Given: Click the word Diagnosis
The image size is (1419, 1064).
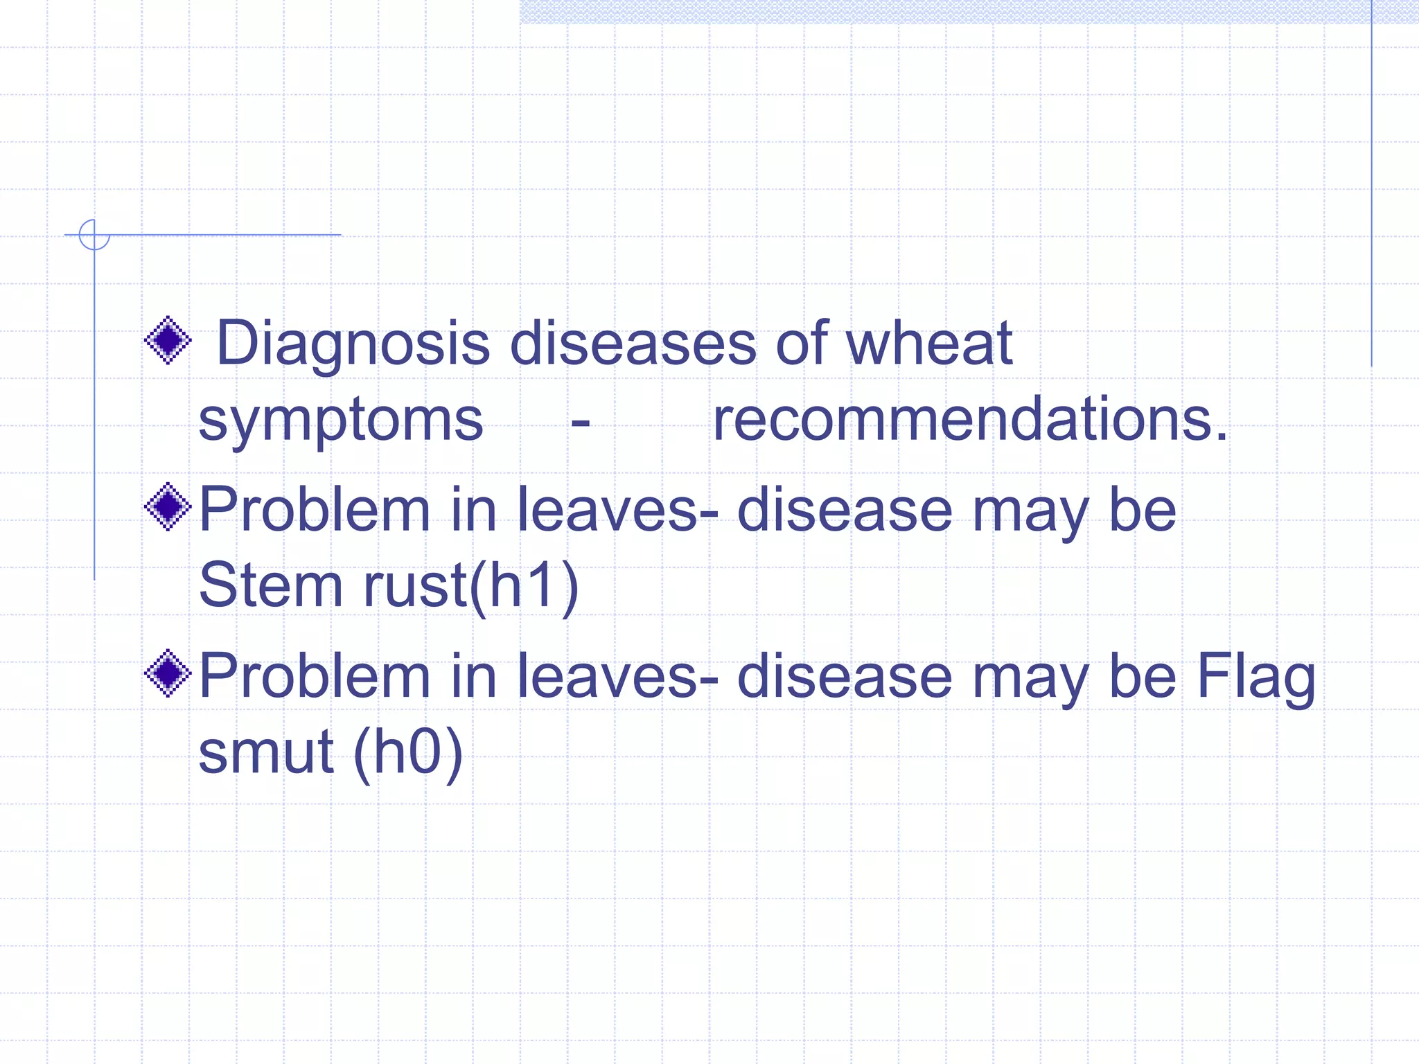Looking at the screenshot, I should point(353,344).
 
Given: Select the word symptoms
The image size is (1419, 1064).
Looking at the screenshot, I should point(341,421).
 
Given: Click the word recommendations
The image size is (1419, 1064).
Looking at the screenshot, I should point(970,420).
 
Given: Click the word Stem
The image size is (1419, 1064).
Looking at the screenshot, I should point(270,585).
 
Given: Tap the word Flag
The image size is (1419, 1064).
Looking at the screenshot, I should point(1255,677).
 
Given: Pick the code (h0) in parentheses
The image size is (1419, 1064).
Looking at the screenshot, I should point(407,752).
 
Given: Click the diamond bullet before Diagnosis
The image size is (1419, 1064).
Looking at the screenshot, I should point(168,340).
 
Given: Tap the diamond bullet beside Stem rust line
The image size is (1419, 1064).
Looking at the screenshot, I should point(168,507).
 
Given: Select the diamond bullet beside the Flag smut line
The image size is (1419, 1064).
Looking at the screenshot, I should point(168,673).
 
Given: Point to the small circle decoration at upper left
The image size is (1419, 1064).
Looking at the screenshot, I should point(94,235).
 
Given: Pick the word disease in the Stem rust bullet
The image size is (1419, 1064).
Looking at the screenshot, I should point(845,510).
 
